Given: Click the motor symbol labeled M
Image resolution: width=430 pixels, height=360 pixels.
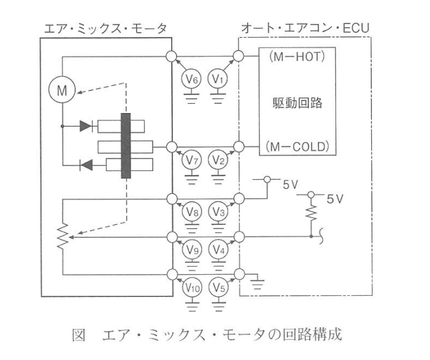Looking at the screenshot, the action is [62, 90].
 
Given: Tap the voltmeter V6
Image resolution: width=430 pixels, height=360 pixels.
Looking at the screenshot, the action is [192, 79].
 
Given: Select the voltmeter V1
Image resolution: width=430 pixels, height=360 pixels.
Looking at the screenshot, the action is [217, 79].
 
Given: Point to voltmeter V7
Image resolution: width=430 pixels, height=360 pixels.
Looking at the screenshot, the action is [192, 160].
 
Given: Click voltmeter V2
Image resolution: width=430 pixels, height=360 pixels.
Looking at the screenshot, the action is [218, 160].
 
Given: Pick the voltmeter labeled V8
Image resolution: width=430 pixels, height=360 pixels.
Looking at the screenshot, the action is [192, 212].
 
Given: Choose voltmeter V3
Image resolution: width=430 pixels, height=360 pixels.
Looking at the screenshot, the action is [218, 212].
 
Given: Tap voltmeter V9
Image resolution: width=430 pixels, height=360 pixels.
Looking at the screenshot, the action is [192, 249].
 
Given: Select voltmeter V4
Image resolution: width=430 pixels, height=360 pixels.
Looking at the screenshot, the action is [219, 249].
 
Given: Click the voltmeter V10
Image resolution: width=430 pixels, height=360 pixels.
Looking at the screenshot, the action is [192, 288].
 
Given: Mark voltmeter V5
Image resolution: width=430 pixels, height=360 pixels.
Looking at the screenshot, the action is [219, 288].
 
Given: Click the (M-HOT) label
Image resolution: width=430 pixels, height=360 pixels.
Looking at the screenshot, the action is [297, 57].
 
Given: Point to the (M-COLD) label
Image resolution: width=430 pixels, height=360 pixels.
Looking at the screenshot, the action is [297, 147].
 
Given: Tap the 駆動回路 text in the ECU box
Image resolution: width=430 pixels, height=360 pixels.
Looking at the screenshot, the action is [298, 103].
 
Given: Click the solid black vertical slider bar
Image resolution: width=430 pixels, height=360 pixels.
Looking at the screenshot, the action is [126, 146].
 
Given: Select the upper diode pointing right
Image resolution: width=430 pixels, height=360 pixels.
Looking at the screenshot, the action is [85, 126].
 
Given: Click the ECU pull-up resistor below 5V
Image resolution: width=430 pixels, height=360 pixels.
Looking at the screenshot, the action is [311, 213].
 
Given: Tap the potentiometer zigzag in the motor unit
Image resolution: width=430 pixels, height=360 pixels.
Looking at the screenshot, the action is [63, 236].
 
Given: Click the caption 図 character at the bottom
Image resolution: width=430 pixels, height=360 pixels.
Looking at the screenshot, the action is [78, 335].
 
